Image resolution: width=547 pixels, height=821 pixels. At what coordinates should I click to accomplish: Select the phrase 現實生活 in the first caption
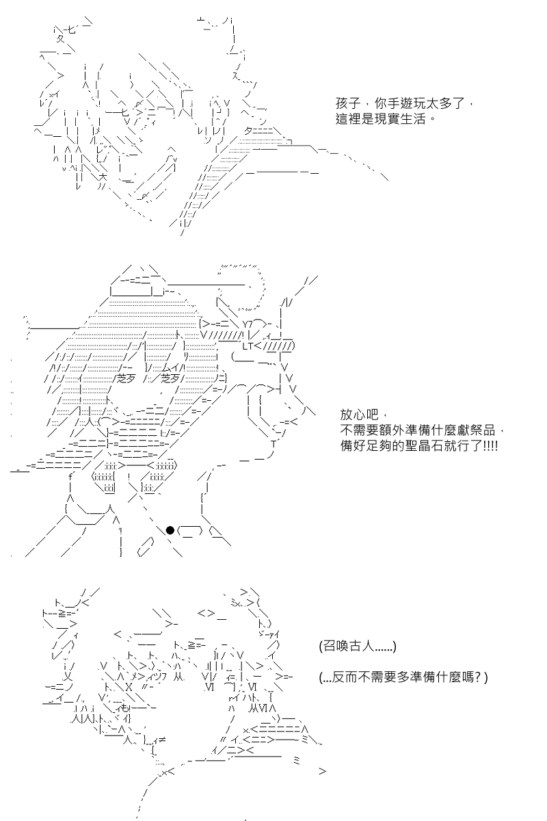pos(400,120)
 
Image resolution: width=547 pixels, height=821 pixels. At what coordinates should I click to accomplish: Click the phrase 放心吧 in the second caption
pos(360,415)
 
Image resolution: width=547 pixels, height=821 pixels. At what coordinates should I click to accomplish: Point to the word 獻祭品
pos(477,430)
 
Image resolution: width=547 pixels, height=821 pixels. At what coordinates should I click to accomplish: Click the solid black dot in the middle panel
pos(170,530)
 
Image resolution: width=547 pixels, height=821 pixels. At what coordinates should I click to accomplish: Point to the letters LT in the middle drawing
pos(248,346)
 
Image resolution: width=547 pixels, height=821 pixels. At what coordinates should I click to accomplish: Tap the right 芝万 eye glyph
pos(170,378)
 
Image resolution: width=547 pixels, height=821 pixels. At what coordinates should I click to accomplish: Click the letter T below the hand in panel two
pos(273,444)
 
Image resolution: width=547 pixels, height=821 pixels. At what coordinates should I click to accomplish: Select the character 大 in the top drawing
pos(103,177)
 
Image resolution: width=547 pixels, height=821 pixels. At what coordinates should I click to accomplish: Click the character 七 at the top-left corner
pos(70,29)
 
